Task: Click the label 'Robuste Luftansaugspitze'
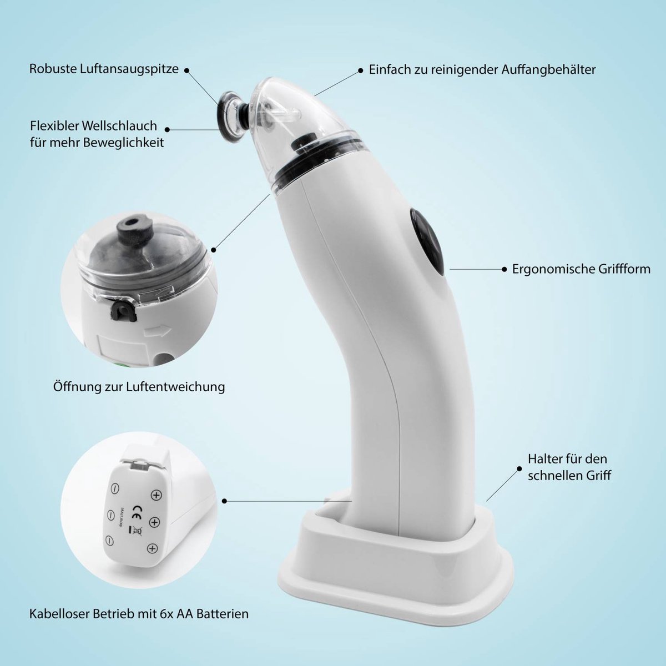click(104, 69)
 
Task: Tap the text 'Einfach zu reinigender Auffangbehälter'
click(482, 70)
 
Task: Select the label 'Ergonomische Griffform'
click(581, 269)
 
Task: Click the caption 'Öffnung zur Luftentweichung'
click(139, 386)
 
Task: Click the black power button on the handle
click(427, 241)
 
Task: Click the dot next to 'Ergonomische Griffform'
click(504, 269)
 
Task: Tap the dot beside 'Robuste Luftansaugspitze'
click(186, 70)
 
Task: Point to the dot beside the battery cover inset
click(224, 501)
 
